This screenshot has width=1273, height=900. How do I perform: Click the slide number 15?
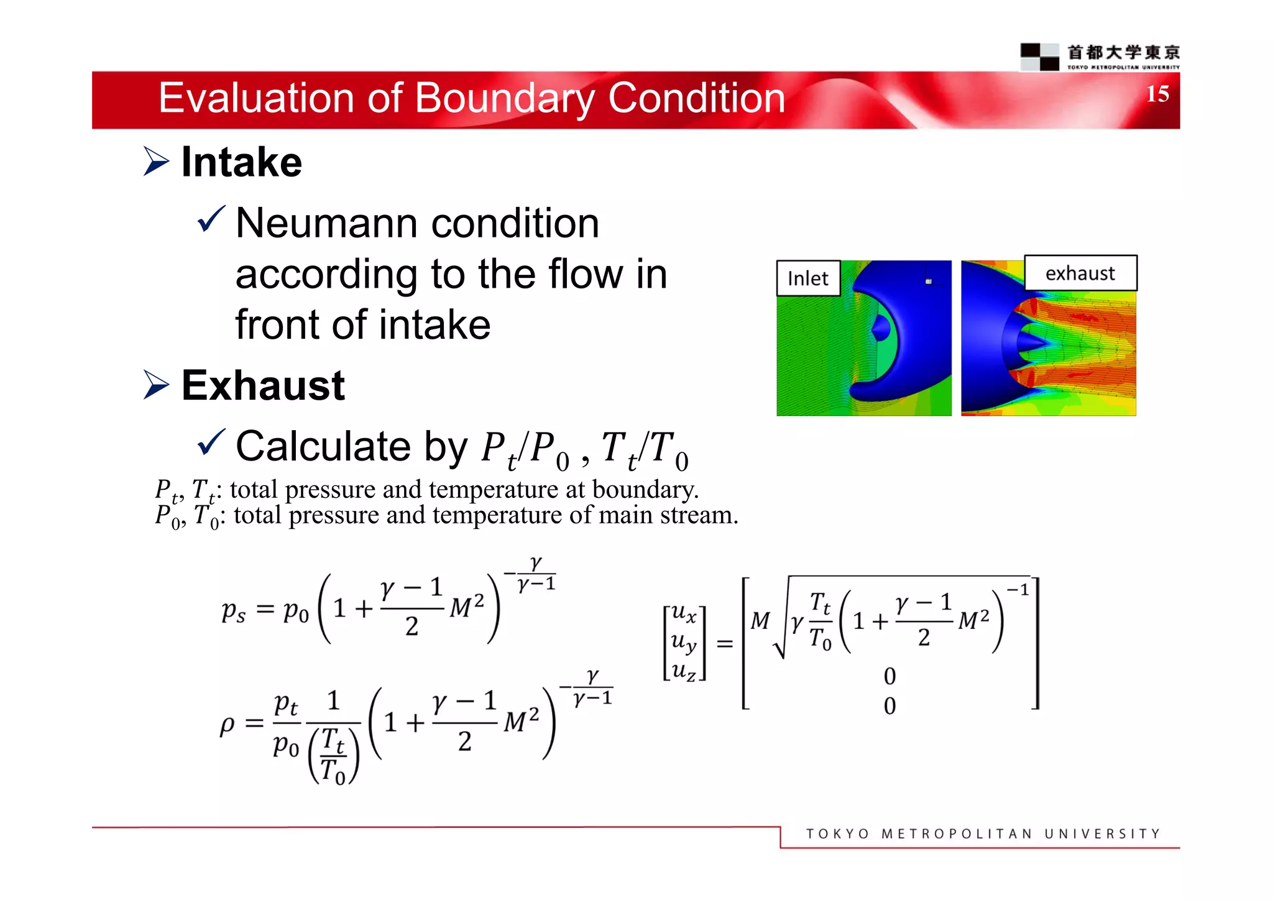point(1157,94)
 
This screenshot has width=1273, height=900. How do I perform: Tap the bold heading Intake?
point(241,162)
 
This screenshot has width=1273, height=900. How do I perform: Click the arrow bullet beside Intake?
point(155,162)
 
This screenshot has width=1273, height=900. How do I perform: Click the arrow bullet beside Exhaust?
point(155,385)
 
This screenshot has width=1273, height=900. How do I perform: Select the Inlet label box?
point(807,278)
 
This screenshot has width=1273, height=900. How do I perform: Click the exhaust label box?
point(1080,273)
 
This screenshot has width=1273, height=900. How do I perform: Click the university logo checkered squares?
point(1039,57)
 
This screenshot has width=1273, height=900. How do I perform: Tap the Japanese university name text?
point(1123,52)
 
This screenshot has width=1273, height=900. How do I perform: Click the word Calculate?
point(323,446)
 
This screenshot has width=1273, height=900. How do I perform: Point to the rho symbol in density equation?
point(227,724)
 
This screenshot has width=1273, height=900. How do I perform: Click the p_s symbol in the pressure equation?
point(234,611)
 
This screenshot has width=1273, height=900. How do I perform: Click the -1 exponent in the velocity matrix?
point(1018,590)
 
